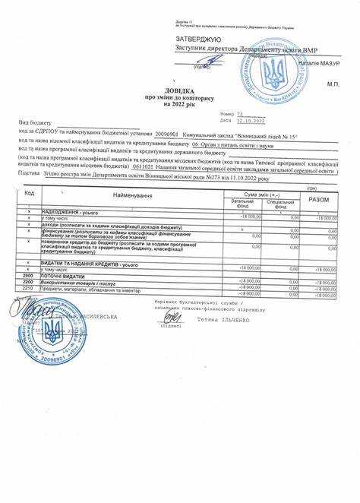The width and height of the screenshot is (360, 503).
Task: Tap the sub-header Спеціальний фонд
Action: [x=281, y=203]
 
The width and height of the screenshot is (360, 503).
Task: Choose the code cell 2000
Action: [x=28, y=276]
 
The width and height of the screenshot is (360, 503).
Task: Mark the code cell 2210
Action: [x=28, y=288]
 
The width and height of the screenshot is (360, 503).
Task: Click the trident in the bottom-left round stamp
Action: [x=52, y=330]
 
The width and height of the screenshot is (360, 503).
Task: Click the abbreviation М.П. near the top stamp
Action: [x=331, y=84]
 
